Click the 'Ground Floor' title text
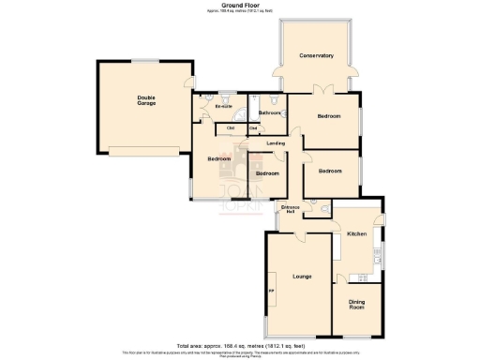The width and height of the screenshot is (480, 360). [240, 5]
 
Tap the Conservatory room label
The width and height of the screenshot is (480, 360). [316, 56]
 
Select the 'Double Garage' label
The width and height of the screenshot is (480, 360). [146, 99]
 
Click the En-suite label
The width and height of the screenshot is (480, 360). [223, 106]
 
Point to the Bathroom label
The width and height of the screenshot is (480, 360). [270, 112]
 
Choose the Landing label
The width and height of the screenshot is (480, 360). [276, 143]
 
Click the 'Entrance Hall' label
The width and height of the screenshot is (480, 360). [290, 209]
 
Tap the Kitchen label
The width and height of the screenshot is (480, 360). [356, 232]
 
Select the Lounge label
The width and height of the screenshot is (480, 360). [302, 277]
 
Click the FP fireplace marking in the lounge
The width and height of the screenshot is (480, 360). [272, 288]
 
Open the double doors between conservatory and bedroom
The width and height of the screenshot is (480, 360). [322, 91]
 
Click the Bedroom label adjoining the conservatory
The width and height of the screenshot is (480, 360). [329, 116]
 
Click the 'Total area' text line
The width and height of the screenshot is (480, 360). [240, 346]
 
